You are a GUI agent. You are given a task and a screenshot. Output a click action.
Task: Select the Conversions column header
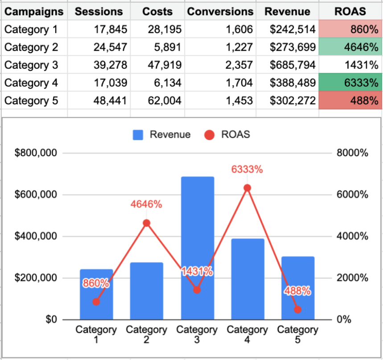(x=220, y=11)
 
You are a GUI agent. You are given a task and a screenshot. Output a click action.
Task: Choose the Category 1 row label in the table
(x=31, y=29)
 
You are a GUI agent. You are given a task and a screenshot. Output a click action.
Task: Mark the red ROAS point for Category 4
(x=247, y=188)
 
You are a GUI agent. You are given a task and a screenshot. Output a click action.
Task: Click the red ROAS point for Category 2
(x=147, y=223)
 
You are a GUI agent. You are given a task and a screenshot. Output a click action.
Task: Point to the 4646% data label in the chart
(x=146, y=205)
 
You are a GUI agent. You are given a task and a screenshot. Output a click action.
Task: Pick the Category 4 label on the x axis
(x=247, y=334)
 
